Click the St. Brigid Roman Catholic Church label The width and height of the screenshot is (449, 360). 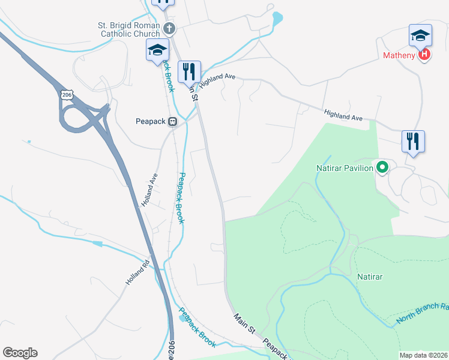(129, 29)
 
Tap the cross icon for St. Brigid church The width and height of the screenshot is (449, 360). (170, 28)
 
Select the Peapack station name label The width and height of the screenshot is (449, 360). (151, 121)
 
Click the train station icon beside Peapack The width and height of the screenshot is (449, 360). (173, 121)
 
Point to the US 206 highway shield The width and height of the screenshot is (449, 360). (66, 95)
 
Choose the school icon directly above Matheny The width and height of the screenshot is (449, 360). (420, 36)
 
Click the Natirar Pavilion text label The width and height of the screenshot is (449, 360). (345, 168)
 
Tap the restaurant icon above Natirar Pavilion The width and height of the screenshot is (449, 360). (413, 142)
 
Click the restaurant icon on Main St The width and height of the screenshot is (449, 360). (190, 71)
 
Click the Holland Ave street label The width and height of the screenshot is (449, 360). (149, 190)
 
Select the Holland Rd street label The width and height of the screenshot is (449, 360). (137, 272)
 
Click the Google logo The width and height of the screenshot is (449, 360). (20, 353)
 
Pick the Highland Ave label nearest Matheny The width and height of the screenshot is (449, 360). (344, 115)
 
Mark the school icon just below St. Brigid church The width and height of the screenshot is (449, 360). (157, 50)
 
